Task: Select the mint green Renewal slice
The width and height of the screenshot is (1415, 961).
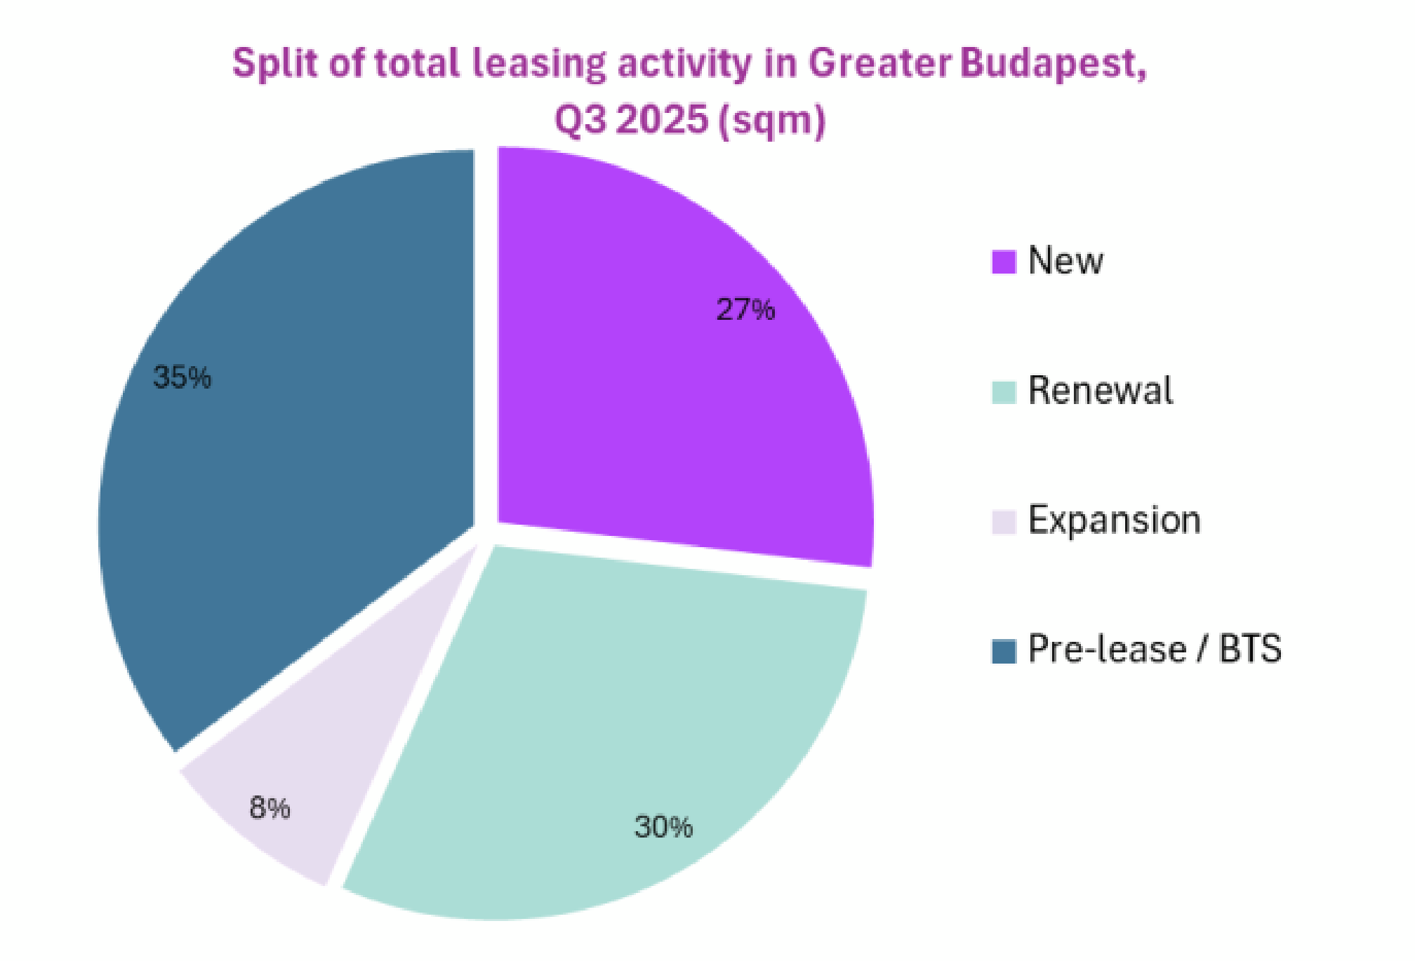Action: point(618,730)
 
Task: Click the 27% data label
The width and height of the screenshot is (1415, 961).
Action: point(745,309)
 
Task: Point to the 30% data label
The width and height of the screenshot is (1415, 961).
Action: point(663,827)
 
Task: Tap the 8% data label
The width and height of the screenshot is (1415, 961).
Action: point(270,808)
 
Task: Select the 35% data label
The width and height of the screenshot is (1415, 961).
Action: point(182,377)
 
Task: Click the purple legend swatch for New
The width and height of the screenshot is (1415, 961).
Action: point(1004,262)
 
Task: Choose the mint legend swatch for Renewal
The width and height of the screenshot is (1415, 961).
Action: point(1004,392)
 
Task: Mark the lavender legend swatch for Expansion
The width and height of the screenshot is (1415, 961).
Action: point(1004,522)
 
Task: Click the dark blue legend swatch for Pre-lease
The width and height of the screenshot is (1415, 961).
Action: point(1004,651)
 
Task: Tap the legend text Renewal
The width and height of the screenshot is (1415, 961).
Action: point(1100,391)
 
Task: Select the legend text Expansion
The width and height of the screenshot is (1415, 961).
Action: point(1114,521)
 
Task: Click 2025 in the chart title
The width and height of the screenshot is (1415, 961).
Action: point(664,120)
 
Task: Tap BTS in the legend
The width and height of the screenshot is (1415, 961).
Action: point(1249,650)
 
